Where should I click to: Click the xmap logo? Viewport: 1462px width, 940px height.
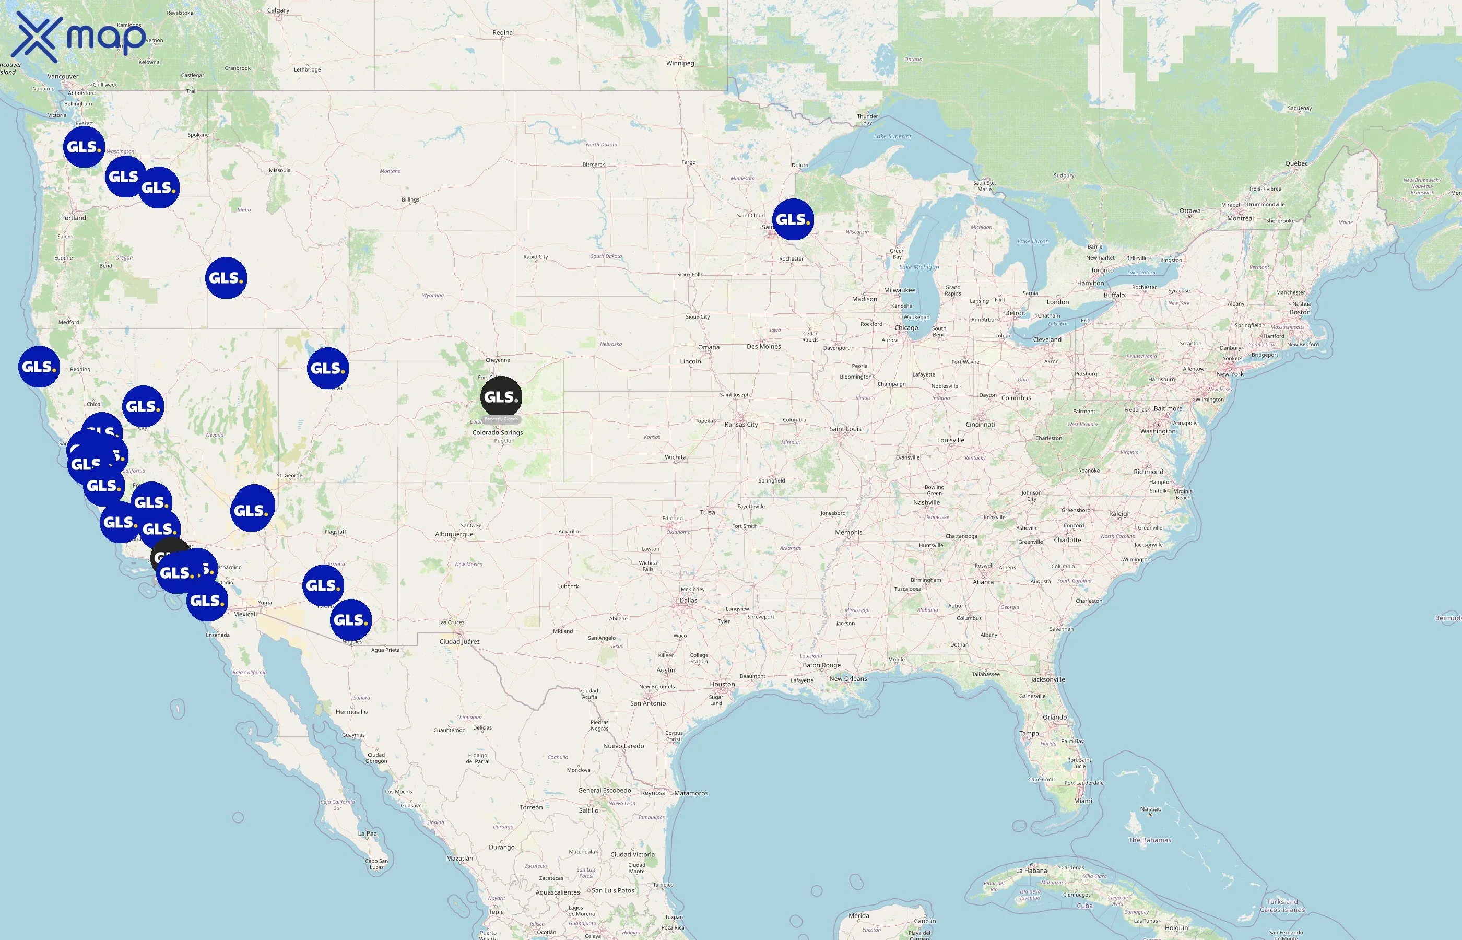tap(79, 37)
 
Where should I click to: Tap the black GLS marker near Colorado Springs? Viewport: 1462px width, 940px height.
tap(501, 397)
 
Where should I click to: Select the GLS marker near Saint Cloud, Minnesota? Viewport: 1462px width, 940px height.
tap(793, 219)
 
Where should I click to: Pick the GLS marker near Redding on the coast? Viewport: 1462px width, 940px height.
tap(39, 367)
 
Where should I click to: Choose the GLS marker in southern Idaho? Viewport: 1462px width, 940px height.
tap(226, 278)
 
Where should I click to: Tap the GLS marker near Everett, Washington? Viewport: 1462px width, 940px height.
tap(84, 147)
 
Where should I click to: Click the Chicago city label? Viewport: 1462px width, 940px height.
tap(906, 328)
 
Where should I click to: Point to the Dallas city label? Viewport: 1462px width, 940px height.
tap(688, 600)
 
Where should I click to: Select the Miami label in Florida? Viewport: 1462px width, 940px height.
tap(1083, 801)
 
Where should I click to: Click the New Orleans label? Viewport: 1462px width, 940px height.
tap(847, 679)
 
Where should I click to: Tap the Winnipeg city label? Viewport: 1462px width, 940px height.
tap(680, 63)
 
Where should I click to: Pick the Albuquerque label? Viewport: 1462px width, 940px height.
tap(454, 534)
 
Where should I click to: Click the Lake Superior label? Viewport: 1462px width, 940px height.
tap(892, 136)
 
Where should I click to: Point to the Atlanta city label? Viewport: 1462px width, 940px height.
tap(983, 582)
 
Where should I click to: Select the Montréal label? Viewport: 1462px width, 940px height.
tap(1240, 218)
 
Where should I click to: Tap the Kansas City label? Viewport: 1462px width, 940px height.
tap(741, 424)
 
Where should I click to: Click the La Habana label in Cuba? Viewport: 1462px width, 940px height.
tap(1031, 871)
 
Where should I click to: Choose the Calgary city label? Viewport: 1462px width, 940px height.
tap(278, 10)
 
